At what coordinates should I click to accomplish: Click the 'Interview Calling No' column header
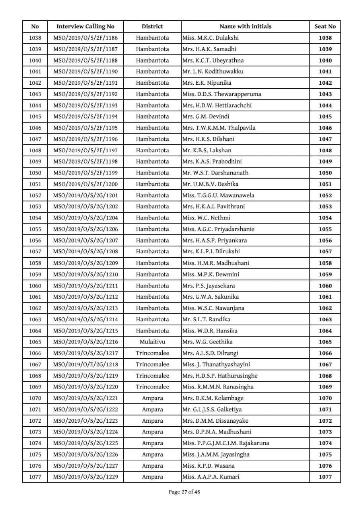[x=85, y=26]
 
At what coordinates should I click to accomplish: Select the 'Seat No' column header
[x=325, y=26]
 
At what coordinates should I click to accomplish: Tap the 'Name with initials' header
[x=245, y=26]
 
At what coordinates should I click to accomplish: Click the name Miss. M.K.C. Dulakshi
[x=210, y=38]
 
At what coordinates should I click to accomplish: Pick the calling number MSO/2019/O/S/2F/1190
[x=85, y=72]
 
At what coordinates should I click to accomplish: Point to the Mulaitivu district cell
[x=152, y=342]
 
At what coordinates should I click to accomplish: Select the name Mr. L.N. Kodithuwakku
[x=213, y=72]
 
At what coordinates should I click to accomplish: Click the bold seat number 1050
[x=325, y=173]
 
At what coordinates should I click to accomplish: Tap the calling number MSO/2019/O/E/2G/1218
[x=85, y=364]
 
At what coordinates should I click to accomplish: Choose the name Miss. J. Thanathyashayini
[x=216, y=364]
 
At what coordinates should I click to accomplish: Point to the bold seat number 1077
[x=325, y=477]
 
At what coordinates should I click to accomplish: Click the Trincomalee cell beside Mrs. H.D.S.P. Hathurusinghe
[x=152, y=375]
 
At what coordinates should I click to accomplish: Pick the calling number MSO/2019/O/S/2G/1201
[x=85, y=195]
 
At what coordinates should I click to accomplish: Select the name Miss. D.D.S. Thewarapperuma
[x=222, y=94]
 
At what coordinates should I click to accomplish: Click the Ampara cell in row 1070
[x=152, y=398]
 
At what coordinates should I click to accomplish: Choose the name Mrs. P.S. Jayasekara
[x=211, y=286]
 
